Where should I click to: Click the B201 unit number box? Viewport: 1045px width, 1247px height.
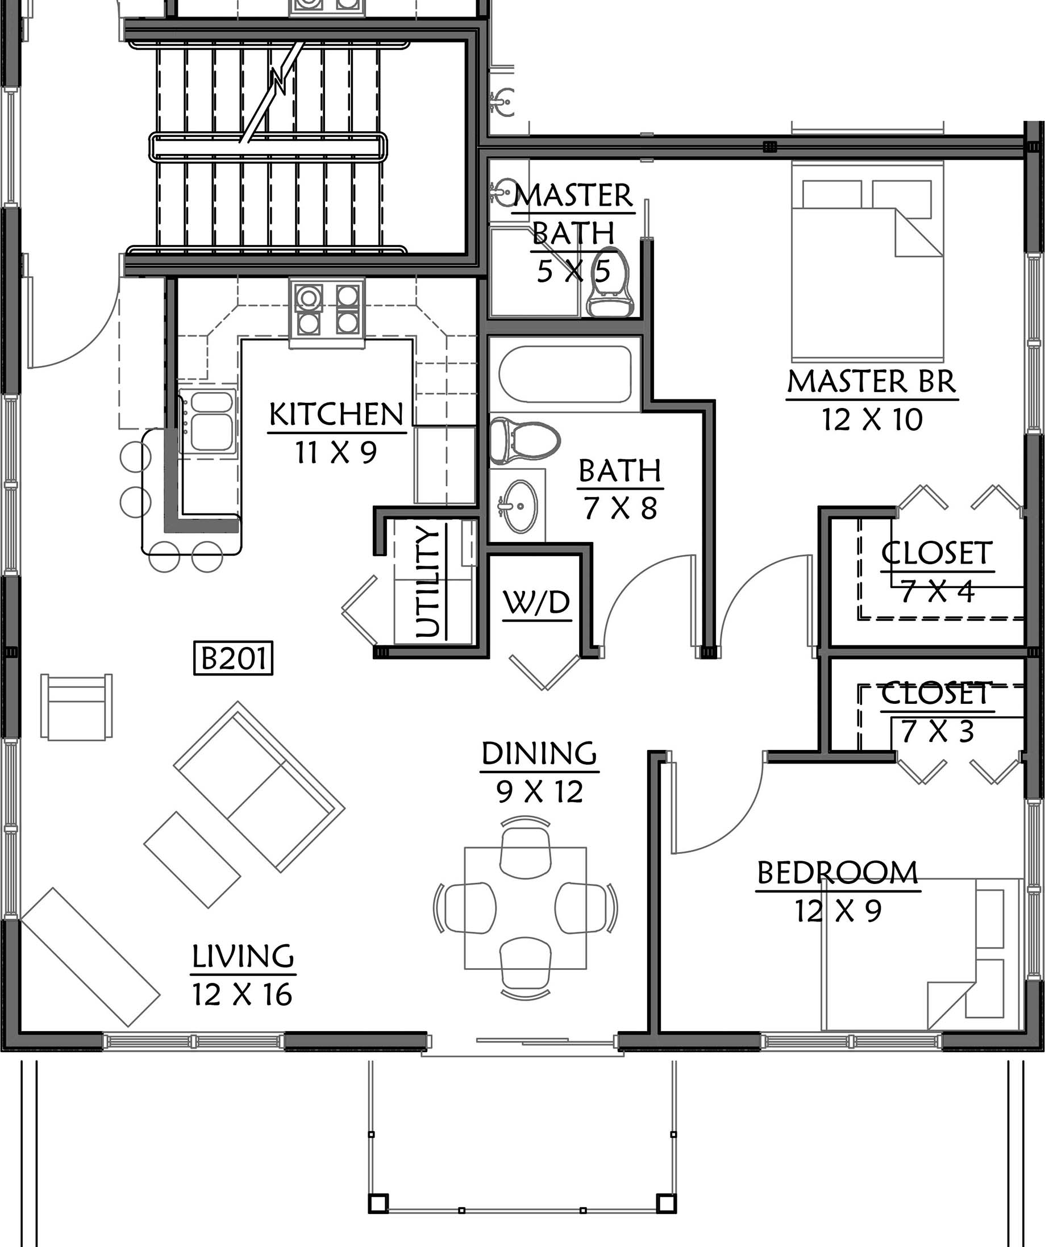pyautogui.click(x=234, y=658)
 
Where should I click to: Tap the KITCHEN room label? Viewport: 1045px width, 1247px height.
pyautogui.click(x=336, y=415)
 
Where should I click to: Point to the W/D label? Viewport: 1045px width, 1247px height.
pyautogui.click(x=536, y=603)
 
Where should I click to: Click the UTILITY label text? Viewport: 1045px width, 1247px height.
pyautogui.click(x=428, y=582)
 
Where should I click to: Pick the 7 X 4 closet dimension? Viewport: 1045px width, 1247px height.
pyautogui.click(x=938, y=591)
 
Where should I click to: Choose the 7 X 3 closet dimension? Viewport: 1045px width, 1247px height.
pyautogui.click(x=938, y=732)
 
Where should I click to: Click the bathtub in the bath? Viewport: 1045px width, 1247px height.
pyautogui.click(x=565, y=374)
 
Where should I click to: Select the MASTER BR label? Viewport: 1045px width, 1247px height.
pyautogui.click(x=872, y=382)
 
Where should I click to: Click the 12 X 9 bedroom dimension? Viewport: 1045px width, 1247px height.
pyautogui.click(x=838, y=911)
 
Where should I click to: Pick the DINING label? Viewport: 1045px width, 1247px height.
pyautogui.click(x=539, y=753)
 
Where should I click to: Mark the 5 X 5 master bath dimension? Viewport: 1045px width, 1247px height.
pyautogui.click(x=574, y=272)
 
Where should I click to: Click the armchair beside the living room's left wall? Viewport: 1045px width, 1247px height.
pyautogui.click(x=77, y=707)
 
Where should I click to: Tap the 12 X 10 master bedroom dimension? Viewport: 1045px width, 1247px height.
pyautogui.click(x=872, y=420)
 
